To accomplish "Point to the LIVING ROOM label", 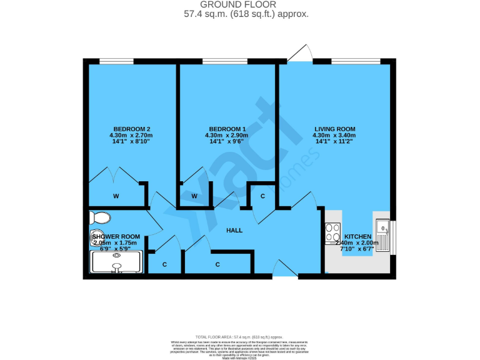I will click(x=334, y=129).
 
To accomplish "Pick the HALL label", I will click(x=234, y=231).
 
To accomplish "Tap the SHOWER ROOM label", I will click(x=116, y=237).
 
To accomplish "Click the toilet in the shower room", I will click(x=99, y=217).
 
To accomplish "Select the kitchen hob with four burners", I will click(x=332, y=234).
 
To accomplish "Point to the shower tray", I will click(x=117, y=262).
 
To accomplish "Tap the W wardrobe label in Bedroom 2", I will click(x=116, y=196).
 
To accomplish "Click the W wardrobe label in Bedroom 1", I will click(x=194, y=196).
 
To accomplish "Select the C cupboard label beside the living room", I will click(x=262, y=196).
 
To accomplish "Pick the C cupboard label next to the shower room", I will click(x=165, y=264).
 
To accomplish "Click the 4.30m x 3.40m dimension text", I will click(x=334, y=136).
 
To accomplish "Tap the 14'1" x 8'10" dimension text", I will click(x=131, y=142).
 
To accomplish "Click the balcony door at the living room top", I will click(x=299, y=54).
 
